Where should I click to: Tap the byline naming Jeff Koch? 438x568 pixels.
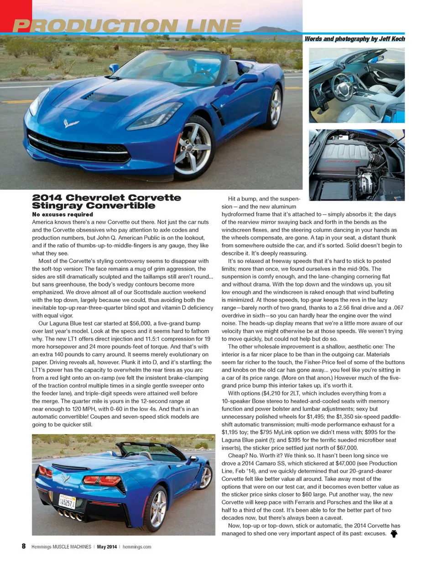(355, 39)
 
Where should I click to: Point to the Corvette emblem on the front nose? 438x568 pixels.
(71, 123)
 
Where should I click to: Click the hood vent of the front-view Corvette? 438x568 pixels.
(106, 97)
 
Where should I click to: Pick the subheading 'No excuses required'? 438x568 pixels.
(63, 214)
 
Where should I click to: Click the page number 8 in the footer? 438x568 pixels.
(24, 546)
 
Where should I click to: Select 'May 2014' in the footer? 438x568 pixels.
(107, 547)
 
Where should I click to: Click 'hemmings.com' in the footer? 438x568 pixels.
(137, 547)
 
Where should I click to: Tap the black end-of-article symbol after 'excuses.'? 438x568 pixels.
(394, 533)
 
